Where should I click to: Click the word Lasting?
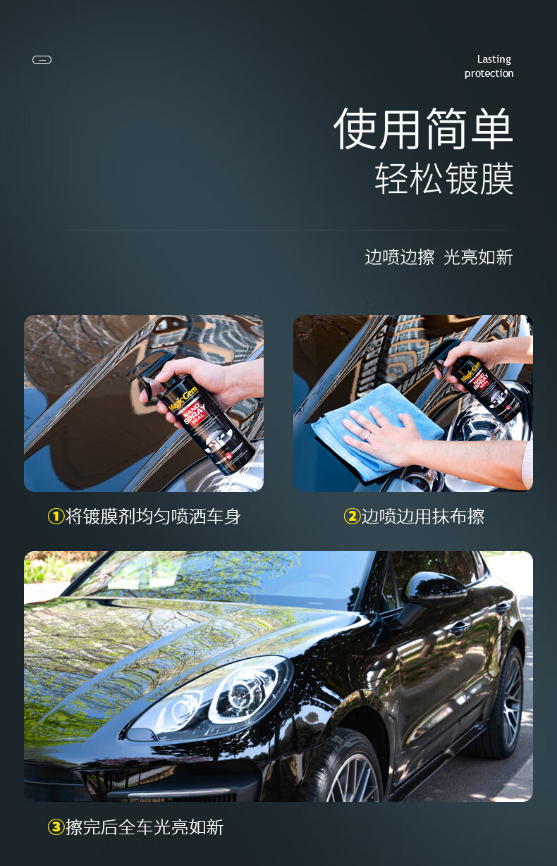tap(494, 59)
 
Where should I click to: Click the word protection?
tap(489, 73)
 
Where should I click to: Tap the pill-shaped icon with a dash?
tap(42, 60)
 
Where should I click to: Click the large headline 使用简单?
tap(424, 128)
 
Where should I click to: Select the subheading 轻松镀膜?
tap(444, 178)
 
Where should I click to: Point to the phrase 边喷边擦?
tap(400, 257)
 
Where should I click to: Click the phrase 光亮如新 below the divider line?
tap(479, 257)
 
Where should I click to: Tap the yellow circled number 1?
tap(56, 516)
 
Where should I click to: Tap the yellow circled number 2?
tap(352, 516)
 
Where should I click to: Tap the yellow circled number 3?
tap(56, 827)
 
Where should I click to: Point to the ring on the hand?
tap(367, 436)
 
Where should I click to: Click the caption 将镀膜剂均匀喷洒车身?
tap(153, 516)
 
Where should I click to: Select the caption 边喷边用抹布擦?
tap(423, 516)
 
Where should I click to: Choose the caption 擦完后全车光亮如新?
tap(145, 827)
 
